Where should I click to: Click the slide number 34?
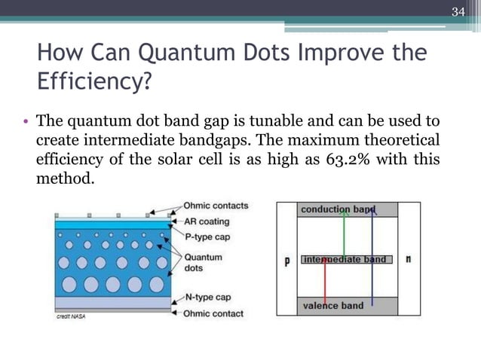pos(458,12)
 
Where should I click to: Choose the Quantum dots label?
pos(203,262)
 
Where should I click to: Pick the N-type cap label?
pos(208,298)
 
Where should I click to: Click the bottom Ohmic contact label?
pos(213,313)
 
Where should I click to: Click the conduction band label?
pos(336,209)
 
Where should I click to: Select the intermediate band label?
pos(344,260)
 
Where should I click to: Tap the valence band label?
pos(332,306)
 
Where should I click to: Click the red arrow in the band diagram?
pos(324,282)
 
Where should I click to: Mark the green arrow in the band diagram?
pos(345,233)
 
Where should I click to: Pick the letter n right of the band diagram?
pos(408,259)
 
